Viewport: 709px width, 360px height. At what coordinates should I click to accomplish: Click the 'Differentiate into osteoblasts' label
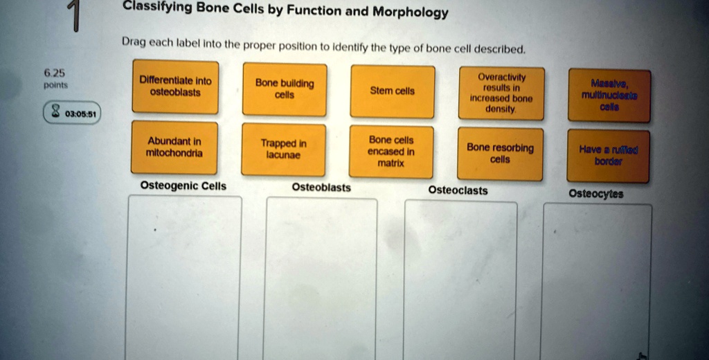coord(174,87)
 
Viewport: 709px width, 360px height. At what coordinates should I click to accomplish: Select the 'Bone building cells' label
coord(285,89)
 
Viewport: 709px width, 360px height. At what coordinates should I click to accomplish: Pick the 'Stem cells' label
coord(393,91)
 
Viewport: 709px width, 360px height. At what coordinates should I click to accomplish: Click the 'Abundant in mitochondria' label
coord(174,147)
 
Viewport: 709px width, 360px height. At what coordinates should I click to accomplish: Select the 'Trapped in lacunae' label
coord(284,150)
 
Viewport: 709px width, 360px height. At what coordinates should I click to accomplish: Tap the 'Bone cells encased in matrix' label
coord(391,152)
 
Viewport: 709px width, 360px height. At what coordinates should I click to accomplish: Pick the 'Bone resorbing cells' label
coord(500,154)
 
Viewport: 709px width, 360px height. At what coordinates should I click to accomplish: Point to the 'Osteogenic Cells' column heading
coord(183,186)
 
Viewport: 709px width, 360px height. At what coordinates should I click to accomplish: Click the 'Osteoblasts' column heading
coord(321,188)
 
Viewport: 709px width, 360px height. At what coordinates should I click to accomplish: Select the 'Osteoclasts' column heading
coord(458,190)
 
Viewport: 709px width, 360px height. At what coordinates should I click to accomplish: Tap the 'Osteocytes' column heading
coord(595,195)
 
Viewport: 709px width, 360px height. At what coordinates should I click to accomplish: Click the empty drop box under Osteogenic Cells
coord(184,277)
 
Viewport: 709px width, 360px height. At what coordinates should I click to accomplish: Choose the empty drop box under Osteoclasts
coord(460,280)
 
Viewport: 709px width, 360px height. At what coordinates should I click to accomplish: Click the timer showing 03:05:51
coord(72,113)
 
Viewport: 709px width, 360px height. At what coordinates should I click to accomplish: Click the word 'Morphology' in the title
coord(411,13)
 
